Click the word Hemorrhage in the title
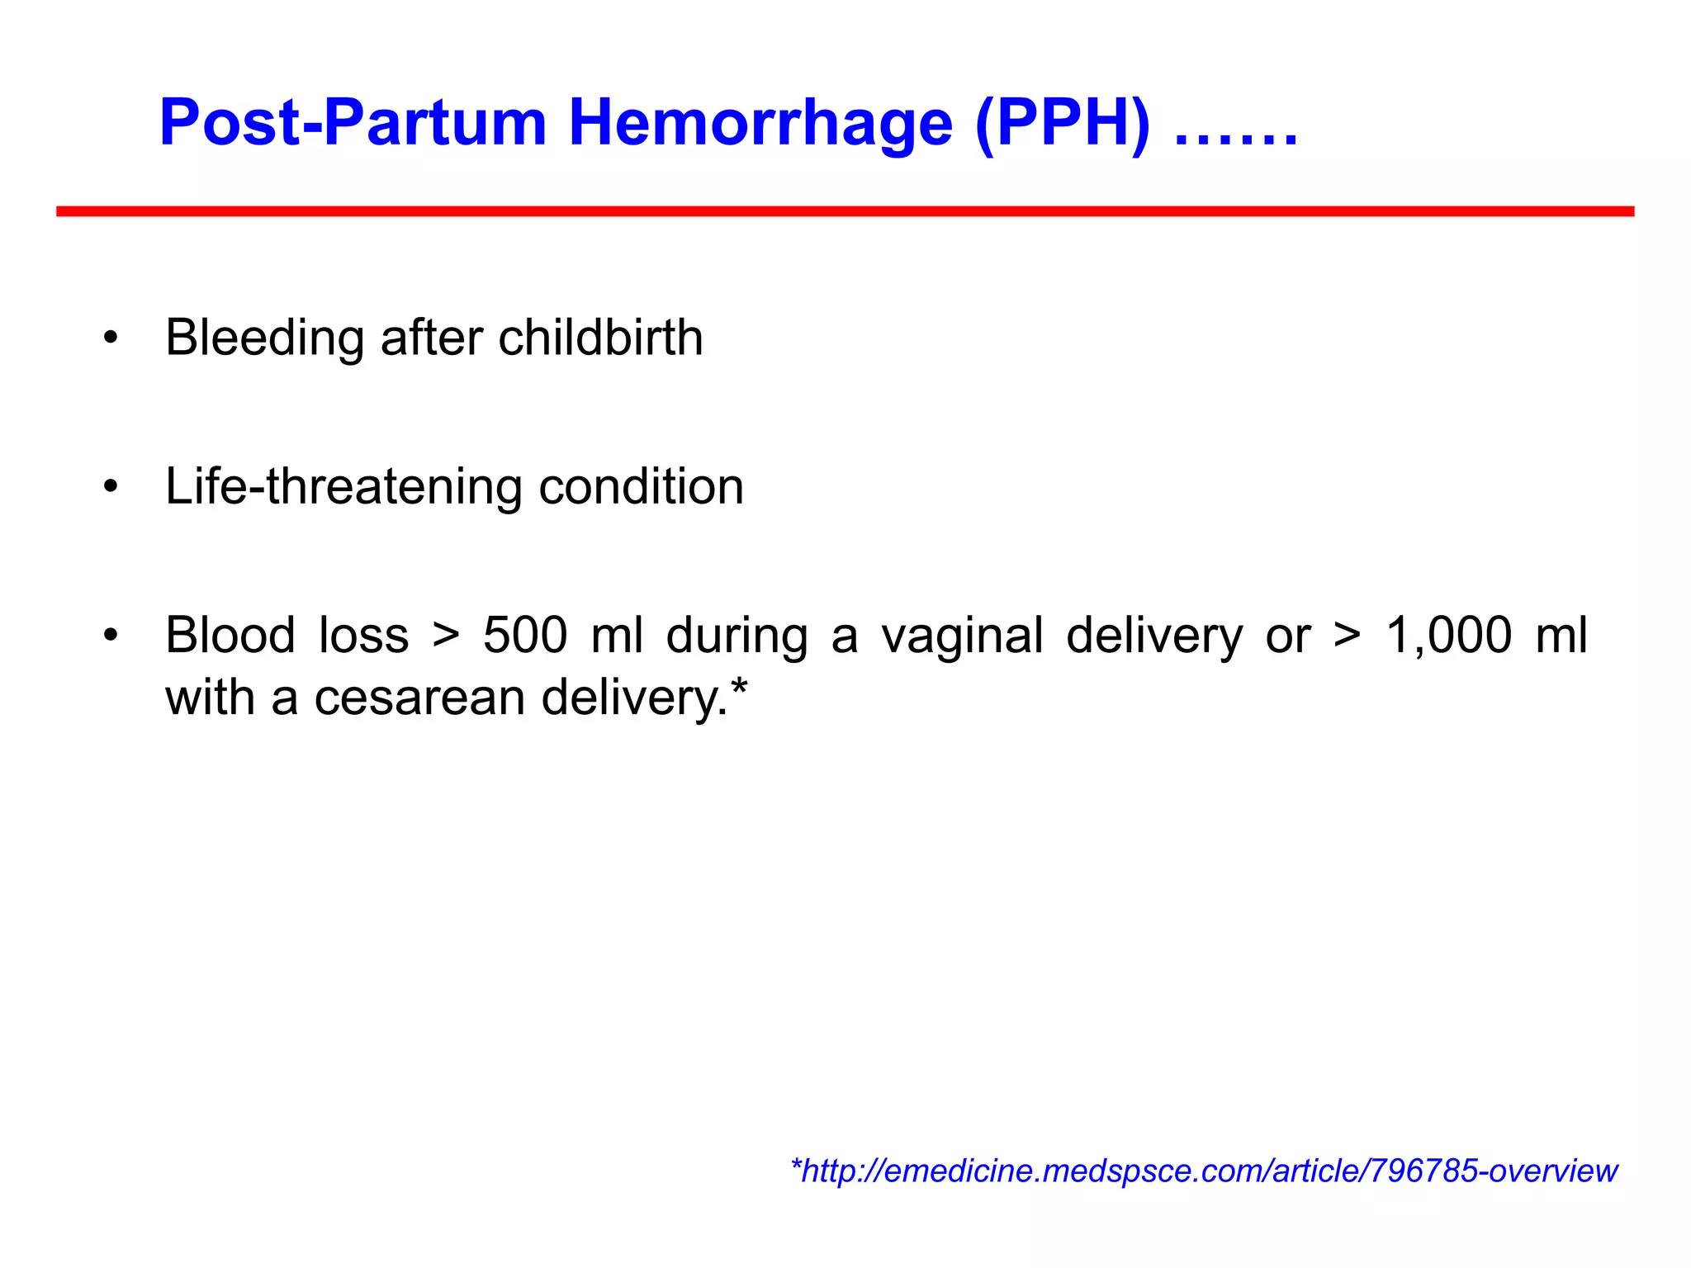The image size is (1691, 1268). coord(760,124)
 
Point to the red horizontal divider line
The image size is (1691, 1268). coord(845,212)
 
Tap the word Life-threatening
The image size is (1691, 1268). coord(343,486)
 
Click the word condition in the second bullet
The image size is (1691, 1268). coord(641,486)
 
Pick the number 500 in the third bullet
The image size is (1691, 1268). coord(525,636)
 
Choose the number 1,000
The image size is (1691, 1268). coord(1448,636)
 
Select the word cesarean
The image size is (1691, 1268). coord(419,698)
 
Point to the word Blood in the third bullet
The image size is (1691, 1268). coord(230,636)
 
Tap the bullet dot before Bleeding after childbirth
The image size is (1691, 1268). coord(111,338)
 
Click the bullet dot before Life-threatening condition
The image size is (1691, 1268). coord(111,486)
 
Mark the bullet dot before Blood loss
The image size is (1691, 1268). coord(111,636)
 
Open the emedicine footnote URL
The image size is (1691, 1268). coord(1204,1171)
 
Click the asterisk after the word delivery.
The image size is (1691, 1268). coord(739,687)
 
